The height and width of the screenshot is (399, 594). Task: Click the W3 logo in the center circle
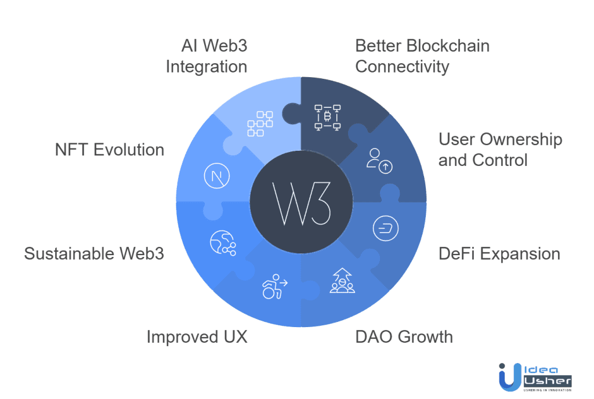tap(300, 205)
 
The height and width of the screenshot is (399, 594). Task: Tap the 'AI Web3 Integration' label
tap(207, 56)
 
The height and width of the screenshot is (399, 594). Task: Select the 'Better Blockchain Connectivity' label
tap(422, 56)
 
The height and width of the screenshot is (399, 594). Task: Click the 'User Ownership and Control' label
tap(500, 149)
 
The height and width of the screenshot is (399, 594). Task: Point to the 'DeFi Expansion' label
tap(499, 253)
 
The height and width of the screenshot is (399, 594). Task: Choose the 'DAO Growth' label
tap(404, 336)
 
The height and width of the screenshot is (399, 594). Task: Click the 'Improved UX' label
tap(197, 336)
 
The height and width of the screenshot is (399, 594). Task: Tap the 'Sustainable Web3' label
tap(94, 253)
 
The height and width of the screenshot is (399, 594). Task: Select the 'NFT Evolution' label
tap(110, 150)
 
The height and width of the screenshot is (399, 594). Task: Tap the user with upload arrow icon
tap(380, 160)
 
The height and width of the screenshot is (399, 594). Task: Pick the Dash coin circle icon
tap(385, 227)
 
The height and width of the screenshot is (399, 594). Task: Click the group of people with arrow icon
tap(342, 281)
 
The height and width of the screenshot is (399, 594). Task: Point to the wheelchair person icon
tap(274, 286)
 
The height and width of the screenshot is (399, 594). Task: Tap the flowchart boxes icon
tap(259, 124)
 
